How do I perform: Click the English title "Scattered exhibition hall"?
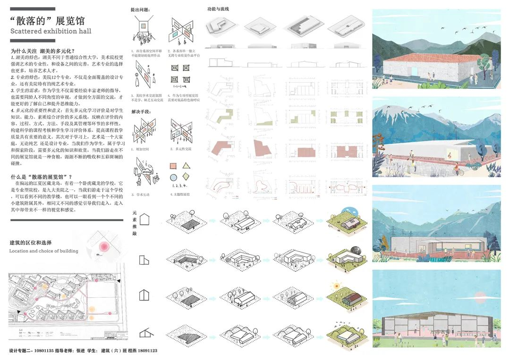pos(51,31)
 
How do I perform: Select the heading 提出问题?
pos(141,9)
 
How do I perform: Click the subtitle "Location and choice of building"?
pos(44,251)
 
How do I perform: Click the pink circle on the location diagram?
pos(103,246)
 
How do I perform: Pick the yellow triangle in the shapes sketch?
pos(186,166)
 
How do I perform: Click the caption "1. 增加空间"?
pos(143,149)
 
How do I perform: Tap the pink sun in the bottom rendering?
pos(481,298)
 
